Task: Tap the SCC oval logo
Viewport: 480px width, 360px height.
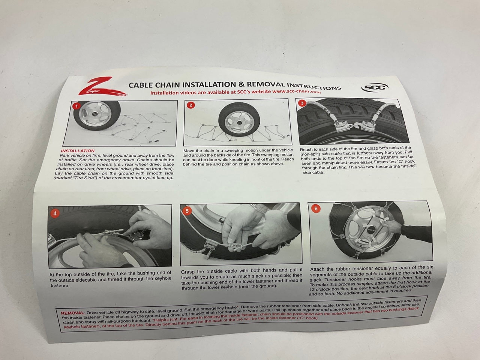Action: pyautogui.click(x=375, y=88)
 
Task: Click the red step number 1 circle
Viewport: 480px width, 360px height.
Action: pyautogui.click(x=76, y=106)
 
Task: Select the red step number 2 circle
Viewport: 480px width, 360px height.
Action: pyautogui.click(x=191, y=105)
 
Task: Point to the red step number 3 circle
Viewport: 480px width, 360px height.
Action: pyautogui.click(x=302, y=103)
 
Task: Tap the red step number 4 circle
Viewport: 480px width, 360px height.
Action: pyautogui.click(x=55, y=213)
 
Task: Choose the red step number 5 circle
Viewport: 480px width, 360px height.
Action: pyautogui.click(x=187, y=211)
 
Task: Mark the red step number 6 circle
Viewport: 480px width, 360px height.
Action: pyautogui.click(x=316, y=208)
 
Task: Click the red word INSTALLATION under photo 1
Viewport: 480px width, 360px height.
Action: pyautogui.click(x=78, y=151)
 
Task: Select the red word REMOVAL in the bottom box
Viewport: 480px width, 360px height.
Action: pyautogui.click(x=72, y=313)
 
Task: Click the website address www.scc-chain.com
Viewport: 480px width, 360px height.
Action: pyautogui.click(x=297, y=91)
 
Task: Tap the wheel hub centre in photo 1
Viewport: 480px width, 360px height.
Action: pyautogui.click(x=95, y=114)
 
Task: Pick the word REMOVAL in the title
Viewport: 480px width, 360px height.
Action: pyautogui.click(x=266, y=84)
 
